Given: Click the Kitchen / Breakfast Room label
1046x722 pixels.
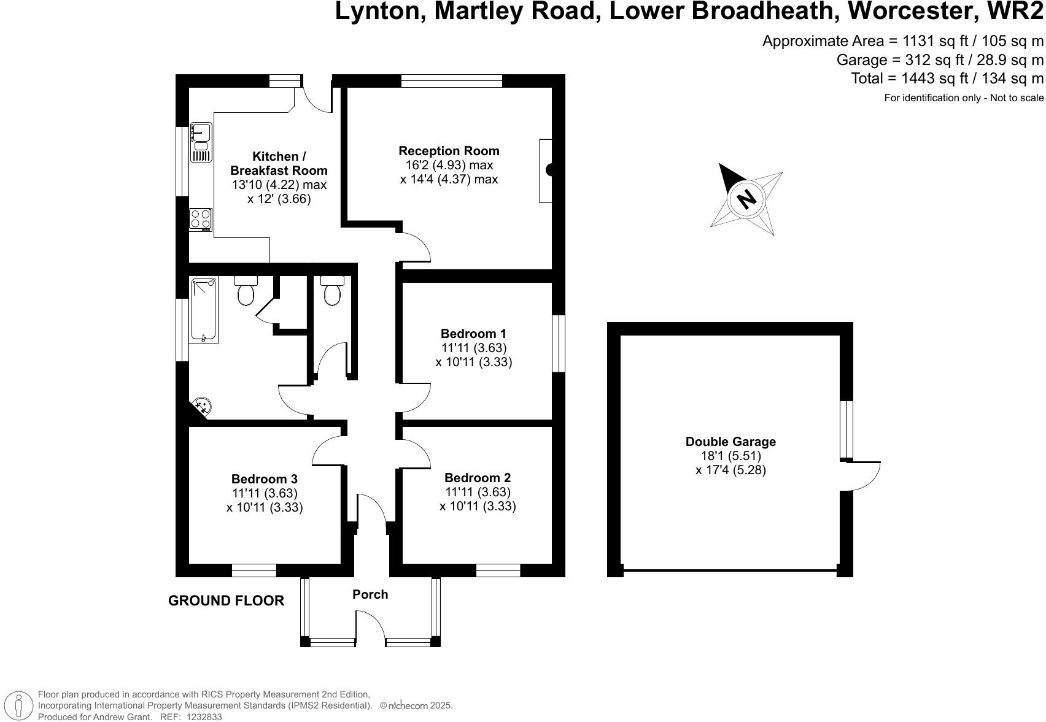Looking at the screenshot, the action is click(x=279, y=164).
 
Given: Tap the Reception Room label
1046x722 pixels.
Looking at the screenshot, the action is click(x=449, y=151).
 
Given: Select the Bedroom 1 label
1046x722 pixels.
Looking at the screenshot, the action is click(x=473, y=334).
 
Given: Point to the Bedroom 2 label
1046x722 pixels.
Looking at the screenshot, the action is click(x=478, y=478).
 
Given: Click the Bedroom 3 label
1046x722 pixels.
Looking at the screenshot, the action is click(x=265, y=479).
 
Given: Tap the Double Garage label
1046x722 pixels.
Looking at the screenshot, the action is click(x=730, y=442).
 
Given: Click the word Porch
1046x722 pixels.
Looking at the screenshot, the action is click(x=370, y=594).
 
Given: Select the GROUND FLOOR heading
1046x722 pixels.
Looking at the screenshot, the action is click(x=226, y=601).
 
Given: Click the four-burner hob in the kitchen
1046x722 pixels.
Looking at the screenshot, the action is click(x=200, y=218).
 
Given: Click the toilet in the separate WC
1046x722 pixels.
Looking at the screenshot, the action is click(x=332, y=291).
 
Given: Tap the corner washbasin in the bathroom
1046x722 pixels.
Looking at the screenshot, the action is click(x=201, y=405).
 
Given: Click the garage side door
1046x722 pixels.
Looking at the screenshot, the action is click(x=862, y=475).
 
